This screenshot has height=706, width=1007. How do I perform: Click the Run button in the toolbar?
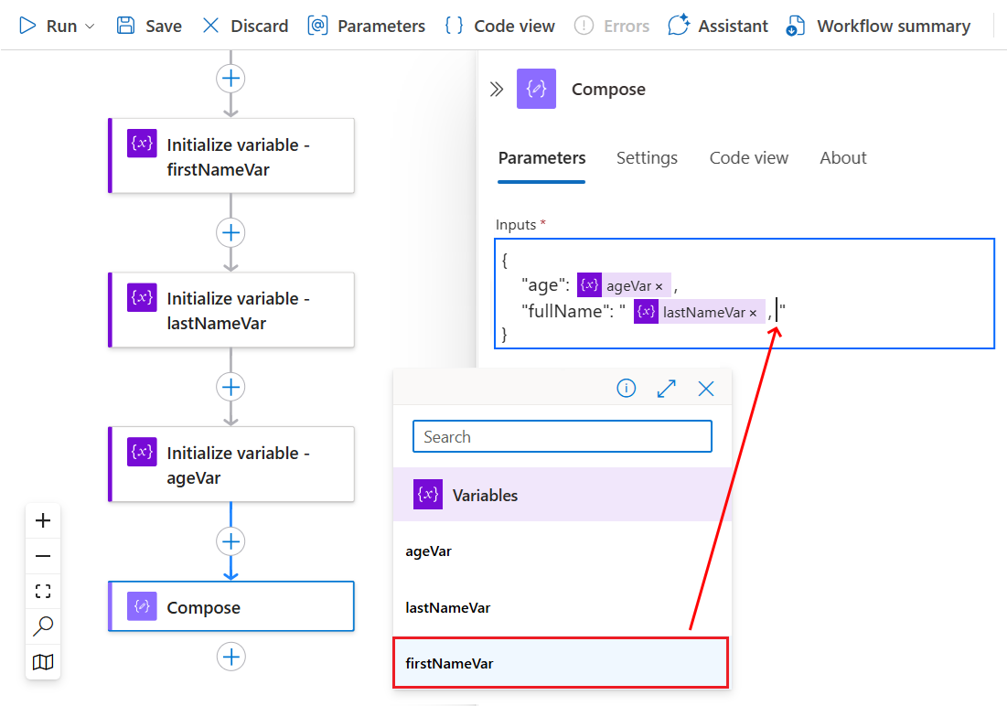[x=56, y=26]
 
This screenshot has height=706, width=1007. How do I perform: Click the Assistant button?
[x=718, y=26]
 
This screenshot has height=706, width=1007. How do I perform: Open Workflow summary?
[x=878, y=26]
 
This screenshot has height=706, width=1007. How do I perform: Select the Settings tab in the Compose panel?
[x=647, y=158]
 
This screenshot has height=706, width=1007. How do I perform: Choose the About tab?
[x=842, y=158]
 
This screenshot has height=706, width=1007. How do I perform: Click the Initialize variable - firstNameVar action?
[x=231, y=156]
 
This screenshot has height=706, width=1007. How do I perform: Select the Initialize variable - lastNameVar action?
[x=231, y=310]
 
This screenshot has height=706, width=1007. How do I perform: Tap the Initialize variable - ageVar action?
[x=231, y=465]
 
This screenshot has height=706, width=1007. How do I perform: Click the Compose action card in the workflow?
[x=231, y=607]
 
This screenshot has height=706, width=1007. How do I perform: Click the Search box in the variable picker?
[x=562, y=436]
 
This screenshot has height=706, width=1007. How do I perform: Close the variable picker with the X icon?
[x=706, y=389]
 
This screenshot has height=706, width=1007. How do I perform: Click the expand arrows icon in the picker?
[x=667, y=389]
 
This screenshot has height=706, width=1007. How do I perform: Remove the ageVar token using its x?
[x=659, y=286]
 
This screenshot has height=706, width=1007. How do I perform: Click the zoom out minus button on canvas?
[x=43, y=556]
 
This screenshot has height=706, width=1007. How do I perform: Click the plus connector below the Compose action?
[x=231, y=657]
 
